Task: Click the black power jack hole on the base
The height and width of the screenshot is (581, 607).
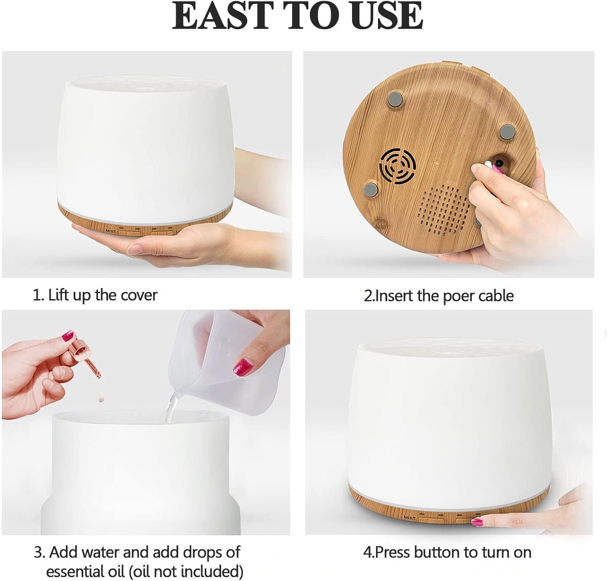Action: [499, 163]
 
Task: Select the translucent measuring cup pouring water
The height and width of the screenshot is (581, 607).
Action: [219, 356]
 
